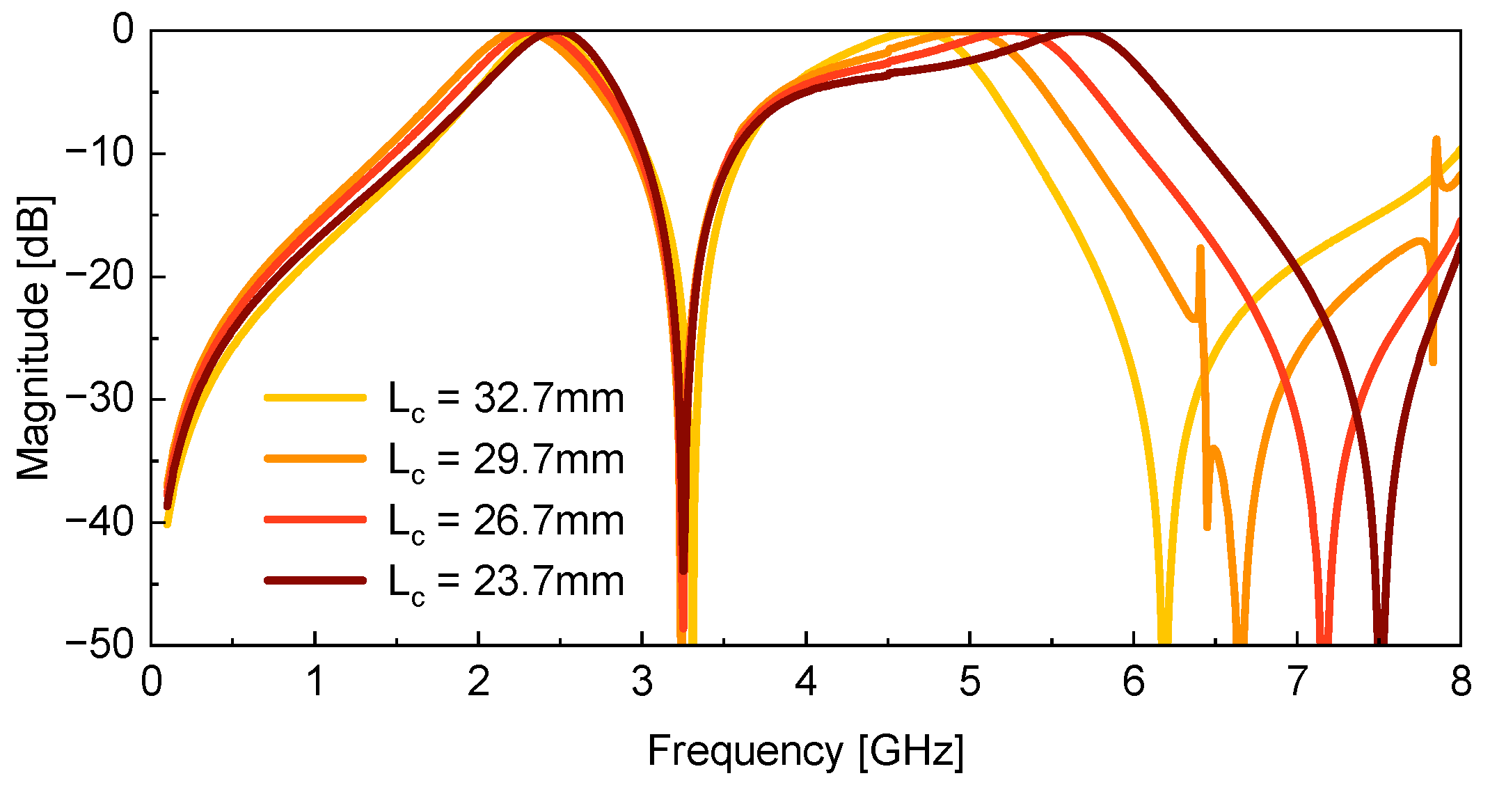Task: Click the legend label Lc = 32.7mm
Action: pos(506,399)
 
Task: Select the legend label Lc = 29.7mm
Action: pos(506,460)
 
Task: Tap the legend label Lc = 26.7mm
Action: pos(506,521)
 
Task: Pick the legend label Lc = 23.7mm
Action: pos(506,582)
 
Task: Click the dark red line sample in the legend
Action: pos(315,580)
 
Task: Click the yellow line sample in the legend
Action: pos(315,397)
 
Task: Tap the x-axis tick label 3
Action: pos(642,682)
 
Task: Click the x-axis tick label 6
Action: pos(1133,682)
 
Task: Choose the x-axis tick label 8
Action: pos(1460,682)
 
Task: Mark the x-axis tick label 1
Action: pos(315,682)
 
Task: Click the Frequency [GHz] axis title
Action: pos(805,752)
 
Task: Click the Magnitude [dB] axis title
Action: pos(33,338)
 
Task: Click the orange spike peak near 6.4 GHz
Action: pos(1200,248)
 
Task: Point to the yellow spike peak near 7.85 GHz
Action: pos(1436,141)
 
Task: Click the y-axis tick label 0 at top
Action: pos(122,31)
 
